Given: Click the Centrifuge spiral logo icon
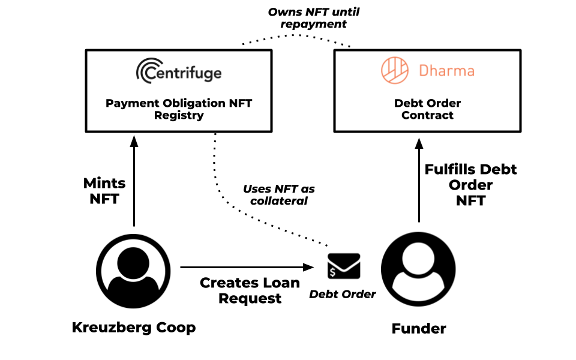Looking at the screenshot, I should [148, 72].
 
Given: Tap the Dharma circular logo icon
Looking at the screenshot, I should [395, 71].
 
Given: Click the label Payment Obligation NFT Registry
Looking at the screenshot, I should [179, 109].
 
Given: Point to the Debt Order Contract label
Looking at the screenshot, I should [427, 109].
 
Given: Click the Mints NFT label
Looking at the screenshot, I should [104, 191].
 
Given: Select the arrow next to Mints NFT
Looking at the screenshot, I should [134, 180].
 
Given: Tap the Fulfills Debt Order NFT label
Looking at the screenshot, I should [470, 185].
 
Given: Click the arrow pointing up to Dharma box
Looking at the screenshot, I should [419, 180].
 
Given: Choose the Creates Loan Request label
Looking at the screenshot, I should [250, 290].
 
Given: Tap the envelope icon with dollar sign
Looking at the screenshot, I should [344, 266].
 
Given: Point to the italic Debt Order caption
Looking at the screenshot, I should [343, 294].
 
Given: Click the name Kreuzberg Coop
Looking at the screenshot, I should [133, 328].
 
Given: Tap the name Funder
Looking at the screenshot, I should [419, 329].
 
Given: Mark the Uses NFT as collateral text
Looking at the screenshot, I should [278, 195].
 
